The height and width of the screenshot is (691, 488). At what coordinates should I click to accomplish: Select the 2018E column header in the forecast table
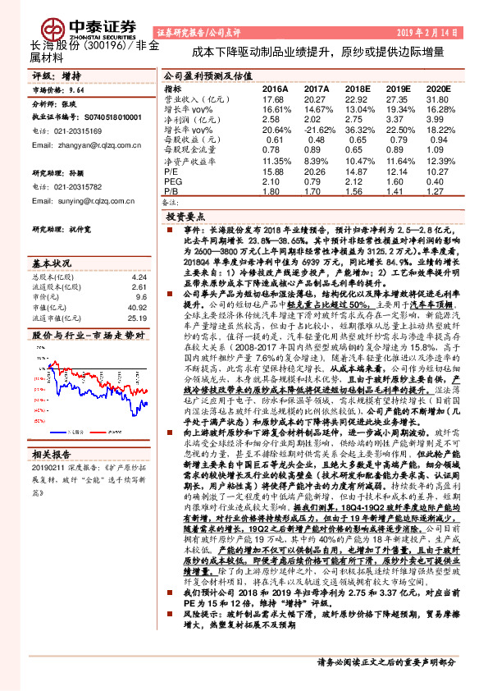point(357,88)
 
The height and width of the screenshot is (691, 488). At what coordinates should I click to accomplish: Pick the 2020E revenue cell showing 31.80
point(439,99)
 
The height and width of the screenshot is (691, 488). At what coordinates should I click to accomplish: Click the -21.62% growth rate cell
point(314,130)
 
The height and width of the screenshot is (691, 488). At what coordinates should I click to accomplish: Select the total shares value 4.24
point(139,277)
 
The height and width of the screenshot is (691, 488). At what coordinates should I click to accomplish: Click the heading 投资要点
point(185,217)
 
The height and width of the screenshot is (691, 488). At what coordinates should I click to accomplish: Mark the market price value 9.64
point(76,91)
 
